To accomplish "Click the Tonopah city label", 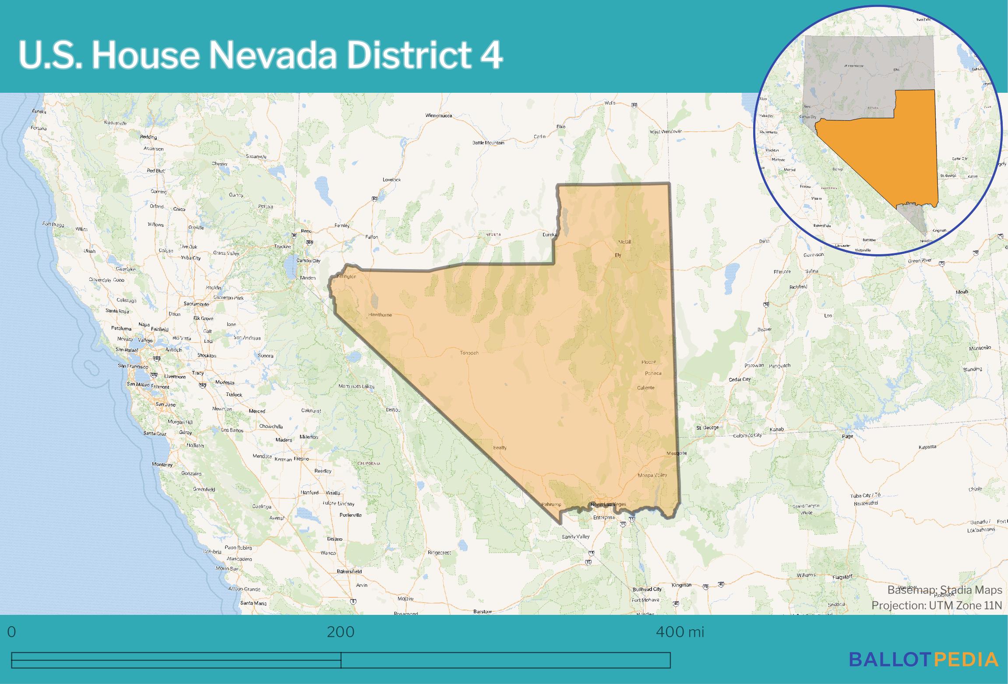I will pos(469,353).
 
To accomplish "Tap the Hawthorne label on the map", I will pos(380,315).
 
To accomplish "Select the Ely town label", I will pos(618,255).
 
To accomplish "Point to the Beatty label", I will pos(500,448).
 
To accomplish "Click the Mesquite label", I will pos(677,453).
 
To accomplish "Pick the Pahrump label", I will pos(551,504).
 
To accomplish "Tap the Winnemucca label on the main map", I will pos(438,116).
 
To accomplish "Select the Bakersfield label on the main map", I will pos(349,572).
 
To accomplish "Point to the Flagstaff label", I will pos(842,576).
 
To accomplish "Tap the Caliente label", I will pos(645,388).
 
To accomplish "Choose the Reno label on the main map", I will pos(306,231).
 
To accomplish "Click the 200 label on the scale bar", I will pos(341,632).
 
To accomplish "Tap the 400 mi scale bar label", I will pos(680,632).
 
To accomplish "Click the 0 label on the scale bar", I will pos(11,632).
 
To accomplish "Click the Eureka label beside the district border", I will pos(549,235).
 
